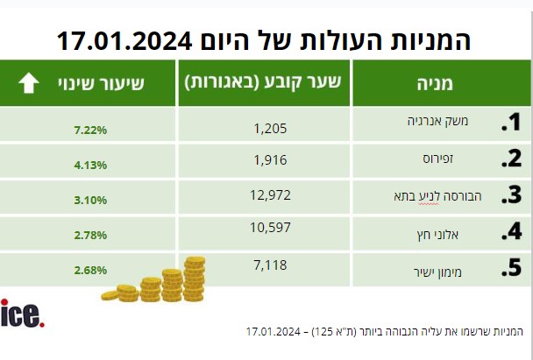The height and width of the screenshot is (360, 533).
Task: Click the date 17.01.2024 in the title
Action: point(124,41)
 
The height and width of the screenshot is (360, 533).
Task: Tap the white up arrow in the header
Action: point(29,82)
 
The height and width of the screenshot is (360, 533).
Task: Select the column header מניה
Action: point(435,83)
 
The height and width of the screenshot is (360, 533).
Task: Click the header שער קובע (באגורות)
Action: point(263,82)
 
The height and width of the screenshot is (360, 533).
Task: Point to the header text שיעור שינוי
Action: point(102,83)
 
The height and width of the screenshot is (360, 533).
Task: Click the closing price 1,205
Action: point(270,129)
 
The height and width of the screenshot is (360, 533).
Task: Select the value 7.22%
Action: point(90,131)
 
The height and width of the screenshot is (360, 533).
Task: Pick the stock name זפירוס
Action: point(437,159)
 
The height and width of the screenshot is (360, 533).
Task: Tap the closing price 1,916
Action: point(270,160)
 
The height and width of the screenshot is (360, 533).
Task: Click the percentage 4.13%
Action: point(90,165)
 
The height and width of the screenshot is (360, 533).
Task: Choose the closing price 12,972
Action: point(270,195)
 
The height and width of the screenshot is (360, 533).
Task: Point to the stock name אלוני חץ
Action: point(437,235)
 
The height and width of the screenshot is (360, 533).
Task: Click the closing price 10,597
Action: point(270,228)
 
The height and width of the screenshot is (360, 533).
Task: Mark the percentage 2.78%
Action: point(90,235)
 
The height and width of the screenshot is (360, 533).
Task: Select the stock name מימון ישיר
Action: point(437,272)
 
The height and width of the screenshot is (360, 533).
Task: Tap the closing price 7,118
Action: point(270,265)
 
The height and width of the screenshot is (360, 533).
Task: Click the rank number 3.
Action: point(512,195)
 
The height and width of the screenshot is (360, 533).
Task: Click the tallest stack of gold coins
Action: point(195,279)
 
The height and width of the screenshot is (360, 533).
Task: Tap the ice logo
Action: point(23,314)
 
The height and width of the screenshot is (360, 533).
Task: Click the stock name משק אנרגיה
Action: point(437,121)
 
